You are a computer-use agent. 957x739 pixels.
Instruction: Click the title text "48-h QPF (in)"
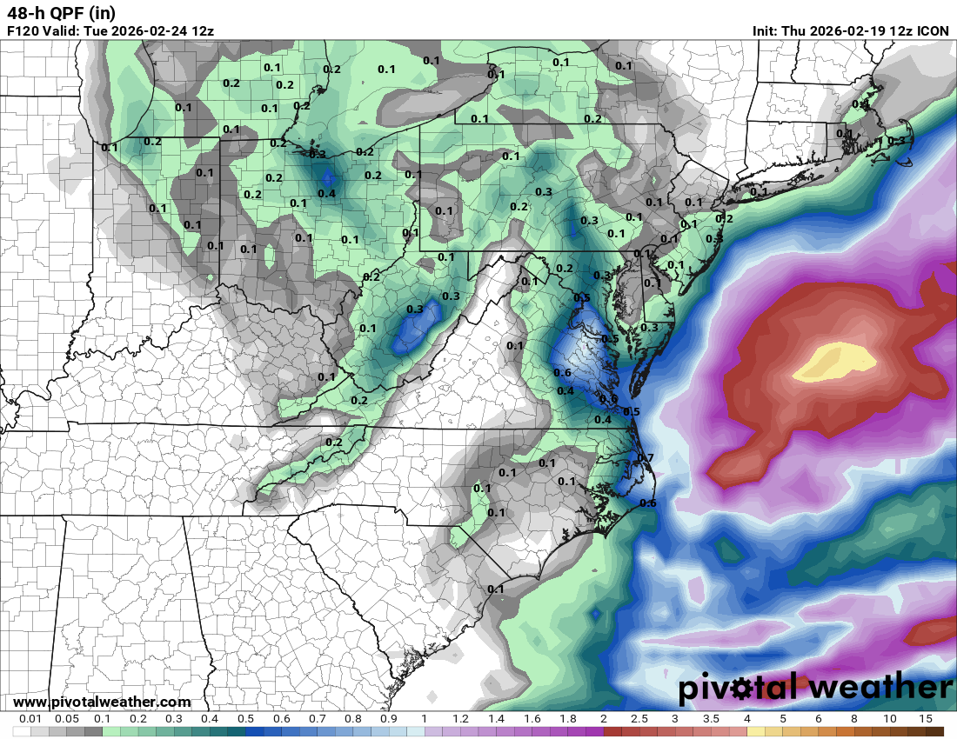click(61, 13)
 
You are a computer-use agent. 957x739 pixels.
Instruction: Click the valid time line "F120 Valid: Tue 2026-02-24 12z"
click(110, 30)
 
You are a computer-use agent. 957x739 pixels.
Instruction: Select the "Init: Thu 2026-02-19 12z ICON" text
click(851, 30)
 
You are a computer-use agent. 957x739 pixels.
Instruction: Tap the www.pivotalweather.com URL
click(102, 702)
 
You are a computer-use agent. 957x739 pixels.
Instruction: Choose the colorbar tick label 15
click(925, 719)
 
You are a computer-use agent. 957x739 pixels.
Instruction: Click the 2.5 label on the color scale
click(639, 719)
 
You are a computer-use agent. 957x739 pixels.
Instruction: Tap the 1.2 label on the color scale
click(460, 719)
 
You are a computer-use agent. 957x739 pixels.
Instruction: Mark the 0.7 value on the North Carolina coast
click(646, 458)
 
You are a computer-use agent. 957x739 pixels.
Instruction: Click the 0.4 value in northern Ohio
click(326, 193)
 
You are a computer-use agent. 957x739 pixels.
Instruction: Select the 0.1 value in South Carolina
click(496, 589)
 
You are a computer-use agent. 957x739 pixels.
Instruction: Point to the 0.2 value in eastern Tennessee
click(333, 442)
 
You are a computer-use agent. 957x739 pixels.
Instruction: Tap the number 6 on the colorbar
click(818, 719)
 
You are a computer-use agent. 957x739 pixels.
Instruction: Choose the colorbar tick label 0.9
click(389, 719)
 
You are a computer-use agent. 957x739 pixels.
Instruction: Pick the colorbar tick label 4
click(746, 719)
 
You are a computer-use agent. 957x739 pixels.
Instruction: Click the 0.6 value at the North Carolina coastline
click(648, 503)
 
